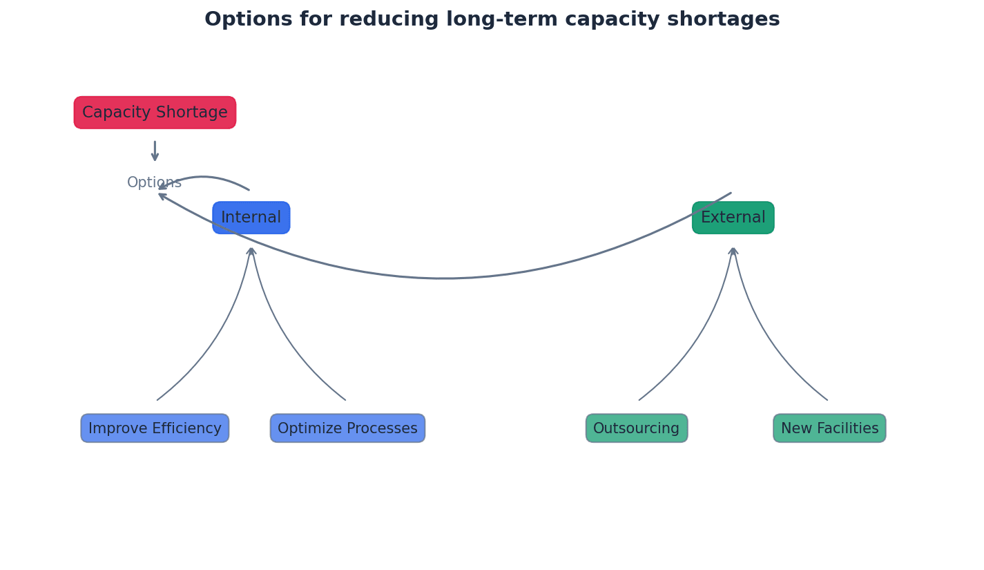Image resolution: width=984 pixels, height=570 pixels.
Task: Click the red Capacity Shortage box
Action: point(155,113)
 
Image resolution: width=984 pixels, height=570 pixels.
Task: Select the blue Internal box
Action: point(251,218)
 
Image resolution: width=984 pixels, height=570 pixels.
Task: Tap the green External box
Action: point(733,218)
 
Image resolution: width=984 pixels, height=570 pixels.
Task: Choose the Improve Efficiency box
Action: point(155,428)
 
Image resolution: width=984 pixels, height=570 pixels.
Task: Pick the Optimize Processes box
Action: point(347,428)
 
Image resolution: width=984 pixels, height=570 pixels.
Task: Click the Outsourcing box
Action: point(637,428)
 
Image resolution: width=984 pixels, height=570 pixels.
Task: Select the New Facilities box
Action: point(829,428)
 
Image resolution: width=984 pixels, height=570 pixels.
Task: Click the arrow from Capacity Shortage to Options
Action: point(155,151)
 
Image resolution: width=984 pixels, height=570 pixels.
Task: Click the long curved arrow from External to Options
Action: point(442,278)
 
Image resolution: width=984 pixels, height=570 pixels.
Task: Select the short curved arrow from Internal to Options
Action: point(204,178)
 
